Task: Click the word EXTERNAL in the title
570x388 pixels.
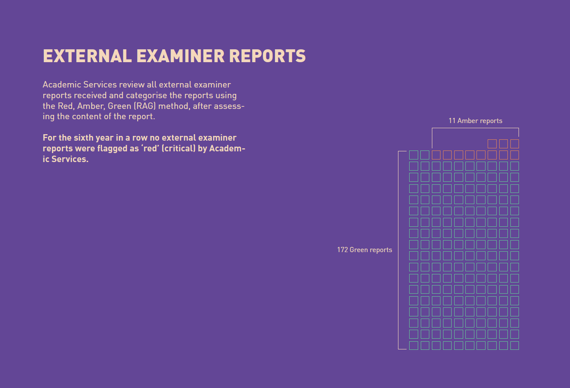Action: tap(87, 56)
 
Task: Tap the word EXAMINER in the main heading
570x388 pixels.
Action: tap(181, 56)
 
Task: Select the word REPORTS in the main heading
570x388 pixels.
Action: tap(268, 56)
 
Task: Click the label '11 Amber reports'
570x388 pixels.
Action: tap(475, 120)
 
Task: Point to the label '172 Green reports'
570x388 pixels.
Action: tap(365, 250)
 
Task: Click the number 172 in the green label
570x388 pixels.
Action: tap(343, 250)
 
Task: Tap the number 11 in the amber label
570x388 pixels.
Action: tap(452, 120)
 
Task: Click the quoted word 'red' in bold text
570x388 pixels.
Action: tap(151, 148)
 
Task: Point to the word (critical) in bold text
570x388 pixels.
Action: tap(178, 148)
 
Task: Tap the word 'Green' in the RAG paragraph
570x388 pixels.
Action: tap(119, 106)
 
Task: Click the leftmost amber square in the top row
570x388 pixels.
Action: tap(492, 144)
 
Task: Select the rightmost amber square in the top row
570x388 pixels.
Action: tap(515, 144)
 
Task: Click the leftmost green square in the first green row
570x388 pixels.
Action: tap(413, 155)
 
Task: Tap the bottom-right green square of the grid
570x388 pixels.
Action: tap(515, 346)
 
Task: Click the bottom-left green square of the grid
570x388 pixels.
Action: tap(413, 346)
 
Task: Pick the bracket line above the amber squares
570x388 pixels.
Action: tap(475, 128)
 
